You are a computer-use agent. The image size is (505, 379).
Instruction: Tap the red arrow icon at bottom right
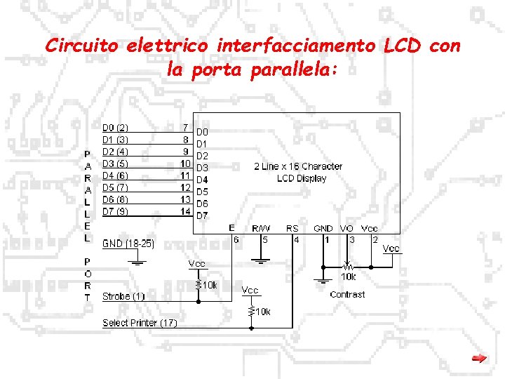tap(479, 359)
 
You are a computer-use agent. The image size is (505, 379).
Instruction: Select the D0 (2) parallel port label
tap(115, 128)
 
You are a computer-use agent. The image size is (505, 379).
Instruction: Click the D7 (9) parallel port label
tap(115, 211)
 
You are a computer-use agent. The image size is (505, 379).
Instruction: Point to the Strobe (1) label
tap(123, 296)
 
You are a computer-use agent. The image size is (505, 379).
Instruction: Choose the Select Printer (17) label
tap(140, 323)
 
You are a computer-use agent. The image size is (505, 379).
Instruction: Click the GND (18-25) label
tap(128, 244)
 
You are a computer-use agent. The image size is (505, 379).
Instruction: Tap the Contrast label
tap(347, 294)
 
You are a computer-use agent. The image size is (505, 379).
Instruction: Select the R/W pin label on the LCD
tap(262, 228)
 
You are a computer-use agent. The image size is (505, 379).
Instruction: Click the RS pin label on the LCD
tap(292, 228)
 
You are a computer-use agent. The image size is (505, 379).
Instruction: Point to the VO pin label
tap(346, 228)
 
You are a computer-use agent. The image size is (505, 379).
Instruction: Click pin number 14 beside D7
tap(186, 211)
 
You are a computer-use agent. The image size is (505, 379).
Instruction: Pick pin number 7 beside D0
tap(184, 128)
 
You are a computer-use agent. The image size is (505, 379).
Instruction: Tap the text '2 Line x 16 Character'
tap(298, 166)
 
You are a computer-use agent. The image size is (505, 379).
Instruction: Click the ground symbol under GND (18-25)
tap(138, 262)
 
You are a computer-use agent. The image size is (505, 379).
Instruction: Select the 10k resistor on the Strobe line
tap(198, 285)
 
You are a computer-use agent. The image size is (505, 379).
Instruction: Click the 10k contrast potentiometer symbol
tap(347, 267)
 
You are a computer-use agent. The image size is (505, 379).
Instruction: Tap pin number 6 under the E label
tap(236, 239)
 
